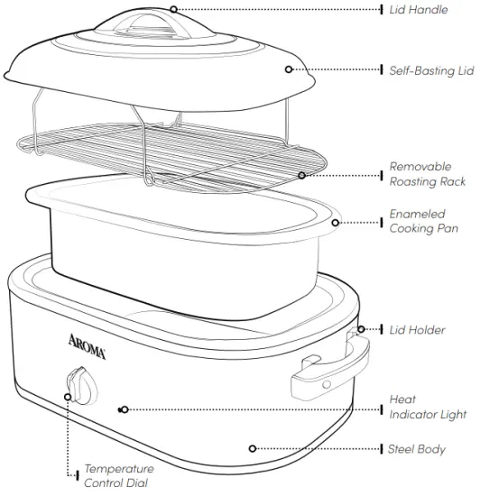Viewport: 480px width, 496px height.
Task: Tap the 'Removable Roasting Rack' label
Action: (x=427, y=174)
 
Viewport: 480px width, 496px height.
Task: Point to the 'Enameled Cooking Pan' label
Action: (x=424, y=222)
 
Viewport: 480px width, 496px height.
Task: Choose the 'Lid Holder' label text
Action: (x=417, y=330)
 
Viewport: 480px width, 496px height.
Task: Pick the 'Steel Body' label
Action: (x=417, y=448)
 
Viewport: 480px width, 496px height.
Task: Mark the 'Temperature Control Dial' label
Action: (x=118, y=476)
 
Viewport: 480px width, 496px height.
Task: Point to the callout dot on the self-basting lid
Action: (x=289, y=69)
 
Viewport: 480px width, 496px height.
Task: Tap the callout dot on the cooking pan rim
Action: (x=336, y=222)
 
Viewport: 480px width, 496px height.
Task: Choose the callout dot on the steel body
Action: (x=254, y=448)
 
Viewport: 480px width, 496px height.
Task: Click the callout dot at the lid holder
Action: (x=361, y=330)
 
